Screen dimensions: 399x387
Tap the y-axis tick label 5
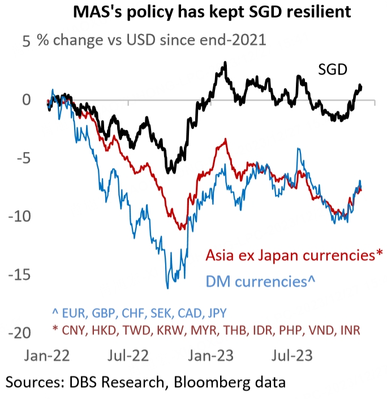pyautogui.click(x=25, y=41)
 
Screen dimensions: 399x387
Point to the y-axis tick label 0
pyautogui.click(x=25, y=101)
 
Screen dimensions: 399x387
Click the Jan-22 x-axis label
pyautogui.click(x=48, y=357)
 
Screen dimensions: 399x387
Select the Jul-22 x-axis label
pyautogui.click(x=129, y=357)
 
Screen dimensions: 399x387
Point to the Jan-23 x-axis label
pyautogui.click(x=210, y=357)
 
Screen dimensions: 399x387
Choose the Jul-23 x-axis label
pyautogui.click(x=291, y=357)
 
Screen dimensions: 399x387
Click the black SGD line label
pyautogui.click(x=332, y=70)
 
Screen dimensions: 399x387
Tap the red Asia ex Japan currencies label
pyautogui.click(x=294, y=255)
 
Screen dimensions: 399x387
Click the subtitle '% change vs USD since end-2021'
pyautogui.click(x=152, y=41)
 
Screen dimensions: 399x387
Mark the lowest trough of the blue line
pyautogui.click(x=167, y=288)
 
